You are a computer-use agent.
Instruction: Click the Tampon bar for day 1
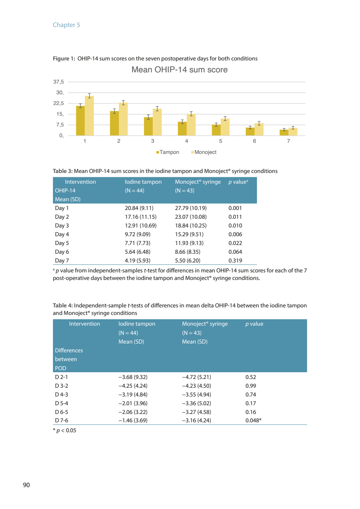tap(80, 121)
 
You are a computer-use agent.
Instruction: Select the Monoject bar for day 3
tap(157, 122)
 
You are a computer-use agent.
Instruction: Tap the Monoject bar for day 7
tap(293, 132)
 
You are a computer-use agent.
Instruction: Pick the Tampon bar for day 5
tap(216, 130)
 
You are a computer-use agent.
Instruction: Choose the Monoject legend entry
tap(204, 152)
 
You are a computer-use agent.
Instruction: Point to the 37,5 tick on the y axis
tap(58, 82)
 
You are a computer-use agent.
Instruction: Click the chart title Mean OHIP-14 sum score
tap(179, 70)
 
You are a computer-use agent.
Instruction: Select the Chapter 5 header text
tap(66, 25)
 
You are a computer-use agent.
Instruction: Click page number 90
tap(26, 485)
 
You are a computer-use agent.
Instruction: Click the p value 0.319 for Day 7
tap(235, 260)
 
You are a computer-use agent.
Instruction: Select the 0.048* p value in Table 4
tap(253, 420)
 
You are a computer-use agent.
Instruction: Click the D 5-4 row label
tap(62, 403)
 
